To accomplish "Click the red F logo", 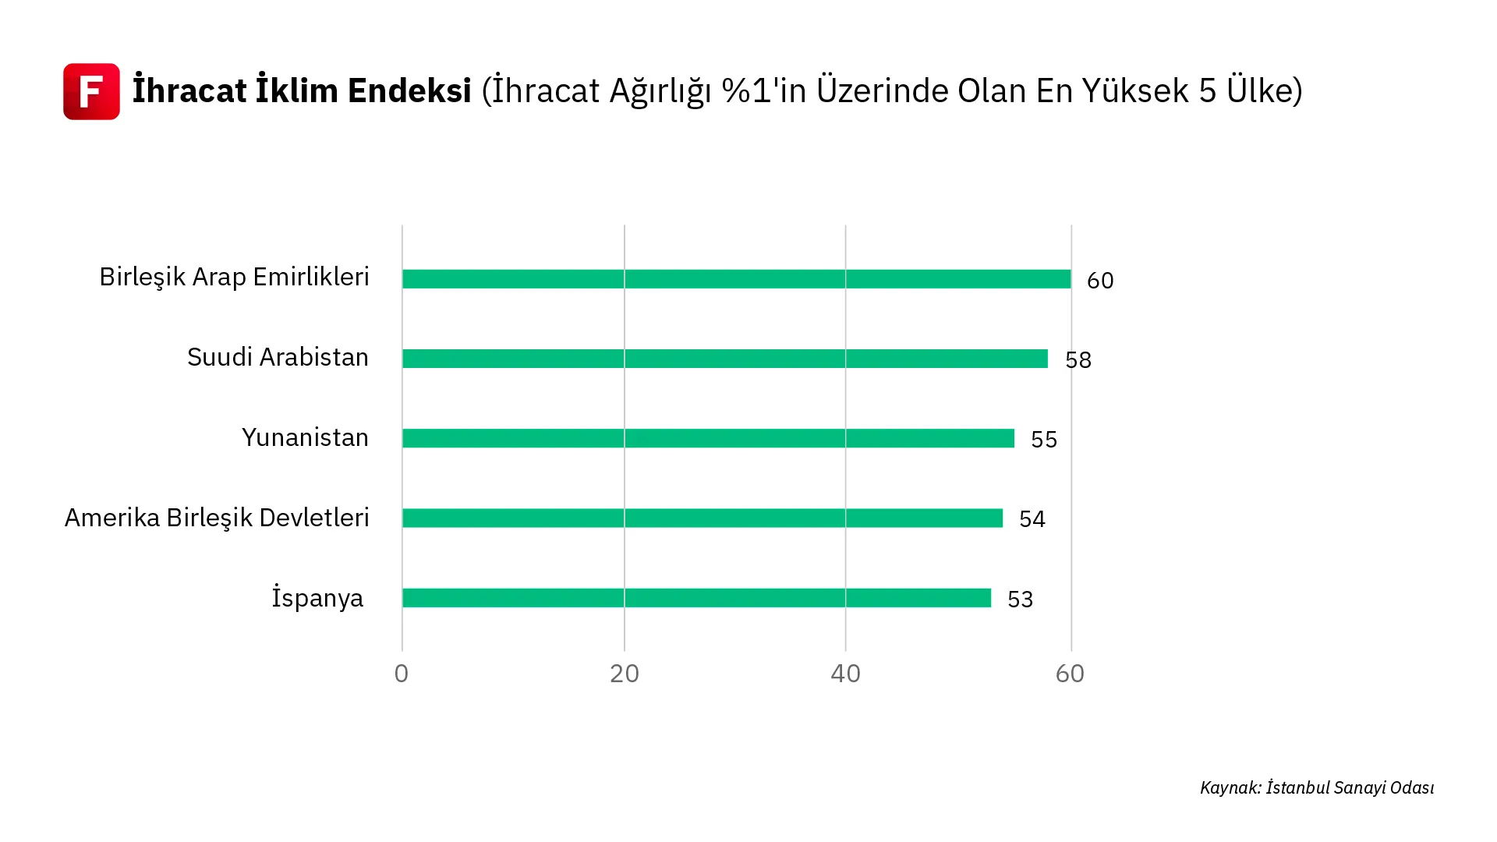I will tap(91, 91).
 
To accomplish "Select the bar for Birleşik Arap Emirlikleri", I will tap(736, 279).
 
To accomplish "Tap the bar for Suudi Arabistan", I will tap(724, 359).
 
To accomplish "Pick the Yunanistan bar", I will tap(708, 438).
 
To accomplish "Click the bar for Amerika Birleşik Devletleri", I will tap(702, 518).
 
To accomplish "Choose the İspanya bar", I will tap(696, 598).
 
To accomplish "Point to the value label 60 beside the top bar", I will tap(1100, 281).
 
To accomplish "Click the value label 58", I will tap(1078, 360).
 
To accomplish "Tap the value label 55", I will tap(1044, 440).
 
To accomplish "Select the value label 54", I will tap(1032, 519).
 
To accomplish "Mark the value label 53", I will tap(1021, 600).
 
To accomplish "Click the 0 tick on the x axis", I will tap(402, 674).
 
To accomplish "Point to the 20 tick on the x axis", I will tap(625, 674).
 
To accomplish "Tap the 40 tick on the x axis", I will tap(846, 674).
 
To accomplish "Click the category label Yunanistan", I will tap(305, 438).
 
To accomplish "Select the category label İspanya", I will tap(317, 598).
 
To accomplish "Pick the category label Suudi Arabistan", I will tap(278, 357).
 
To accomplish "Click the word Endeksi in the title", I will tap(409, 90).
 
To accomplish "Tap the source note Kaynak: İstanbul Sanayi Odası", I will tap(1317, 788).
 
